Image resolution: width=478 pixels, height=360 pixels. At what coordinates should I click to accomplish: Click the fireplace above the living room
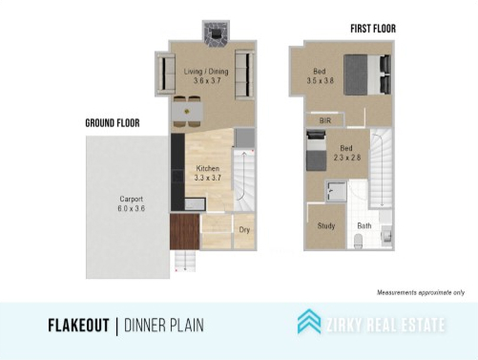pos(216,33)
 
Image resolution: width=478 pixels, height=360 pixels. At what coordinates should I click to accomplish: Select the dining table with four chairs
pos(187,112)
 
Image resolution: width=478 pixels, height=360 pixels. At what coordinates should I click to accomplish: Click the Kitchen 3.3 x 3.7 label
pos(207,173)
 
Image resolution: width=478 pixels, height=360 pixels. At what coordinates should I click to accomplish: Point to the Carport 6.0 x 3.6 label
pos(131,203)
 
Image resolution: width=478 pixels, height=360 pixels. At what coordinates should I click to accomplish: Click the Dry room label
pos(244,229)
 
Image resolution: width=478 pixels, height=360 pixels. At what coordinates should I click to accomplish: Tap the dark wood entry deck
pos(184,231)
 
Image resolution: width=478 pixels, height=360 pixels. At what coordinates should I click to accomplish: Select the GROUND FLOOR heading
pos(113,123)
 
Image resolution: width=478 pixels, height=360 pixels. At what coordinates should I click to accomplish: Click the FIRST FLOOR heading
pos(373,29)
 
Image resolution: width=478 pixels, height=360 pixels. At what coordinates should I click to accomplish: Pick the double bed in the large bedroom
pos(367,74)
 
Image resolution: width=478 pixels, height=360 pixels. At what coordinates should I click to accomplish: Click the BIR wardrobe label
pos(325,120)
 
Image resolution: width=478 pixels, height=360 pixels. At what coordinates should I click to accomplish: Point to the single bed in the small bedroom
pos(316,151)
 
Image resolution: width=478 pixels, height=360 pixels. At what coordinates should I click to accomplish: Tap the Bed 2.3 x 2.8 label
pos(346,153)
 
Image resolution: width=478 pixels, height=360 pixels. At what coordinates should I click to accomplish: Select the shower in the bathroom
pos(336,191)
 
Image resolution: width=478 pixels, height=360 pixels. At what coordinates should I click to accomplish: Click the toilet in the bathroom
pos(358,241)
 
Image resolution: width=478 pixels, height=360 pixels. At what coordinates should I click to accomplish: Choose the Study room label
pos(326,225)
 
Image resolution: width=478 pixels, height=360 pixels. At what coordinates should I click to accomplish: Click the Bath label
pos(364,225)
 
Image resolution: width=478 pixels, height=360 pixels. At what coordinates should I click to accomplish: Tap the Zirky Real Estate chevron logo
pos(309,321)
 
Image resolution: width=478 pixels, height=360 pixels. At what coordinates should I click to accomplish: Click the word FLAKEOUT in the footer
pos(78,326)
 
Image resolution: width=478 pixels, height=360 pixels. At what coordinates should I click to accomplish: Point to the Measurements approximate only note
pos(421,292)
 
